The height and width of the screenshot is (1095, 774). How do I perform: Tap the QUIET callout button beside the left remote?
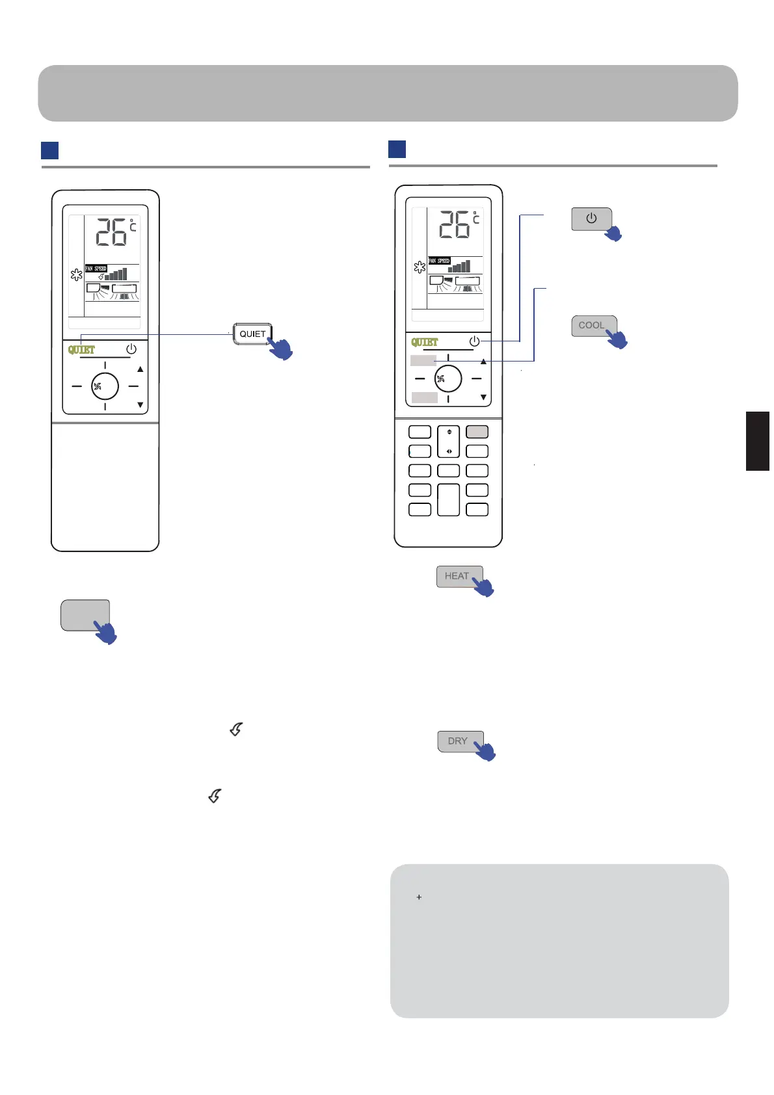point(252,334)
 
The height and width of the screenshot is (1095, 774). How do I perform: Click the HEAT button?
point(457,576)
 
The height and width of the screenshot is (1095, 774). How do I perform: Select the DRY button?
point(458,741)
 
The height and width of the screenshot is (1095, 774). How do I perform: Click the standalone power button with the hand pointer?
point(591,218)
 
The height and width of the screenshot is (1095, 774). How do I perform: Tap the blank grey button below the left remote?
point(85,614)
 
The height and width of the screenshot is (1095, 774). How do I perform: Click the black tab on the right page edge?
point(758,441)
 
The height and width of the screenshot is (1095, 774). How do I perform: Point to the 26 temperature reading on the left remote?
point(112,232)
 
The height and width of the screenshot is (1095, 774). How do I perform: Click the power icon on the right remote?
point(474,341)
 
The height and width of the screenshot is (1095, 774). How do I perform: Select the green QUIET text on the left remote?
point(81,350)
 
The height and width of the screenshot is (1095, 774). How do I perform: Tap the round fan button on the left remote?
point(105,386)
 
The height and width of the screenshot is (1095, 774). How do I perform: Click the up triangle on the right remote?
point(483,362)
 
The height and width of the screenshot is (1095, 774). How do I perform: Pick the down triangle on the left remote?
point(140,405)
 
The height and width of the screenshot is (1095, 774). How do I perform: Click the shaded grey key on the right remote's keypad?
point(477,432)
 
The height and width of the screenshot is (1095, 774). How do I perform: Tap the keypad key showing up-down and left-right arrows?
point(449,442)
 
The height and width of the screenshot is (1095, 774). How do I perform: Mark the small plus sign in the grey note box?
point(419,897)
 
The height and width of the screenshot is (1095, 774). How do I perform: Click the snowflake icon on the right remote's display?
point(420,267)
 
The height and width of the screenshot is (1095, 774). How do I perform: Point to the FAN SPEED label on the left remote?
point(96,269)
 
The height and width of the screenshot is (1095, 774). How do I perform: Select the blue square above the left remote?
point(49,150)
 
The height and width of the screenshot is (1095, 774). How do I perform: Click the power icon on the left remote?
point(131,349)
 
